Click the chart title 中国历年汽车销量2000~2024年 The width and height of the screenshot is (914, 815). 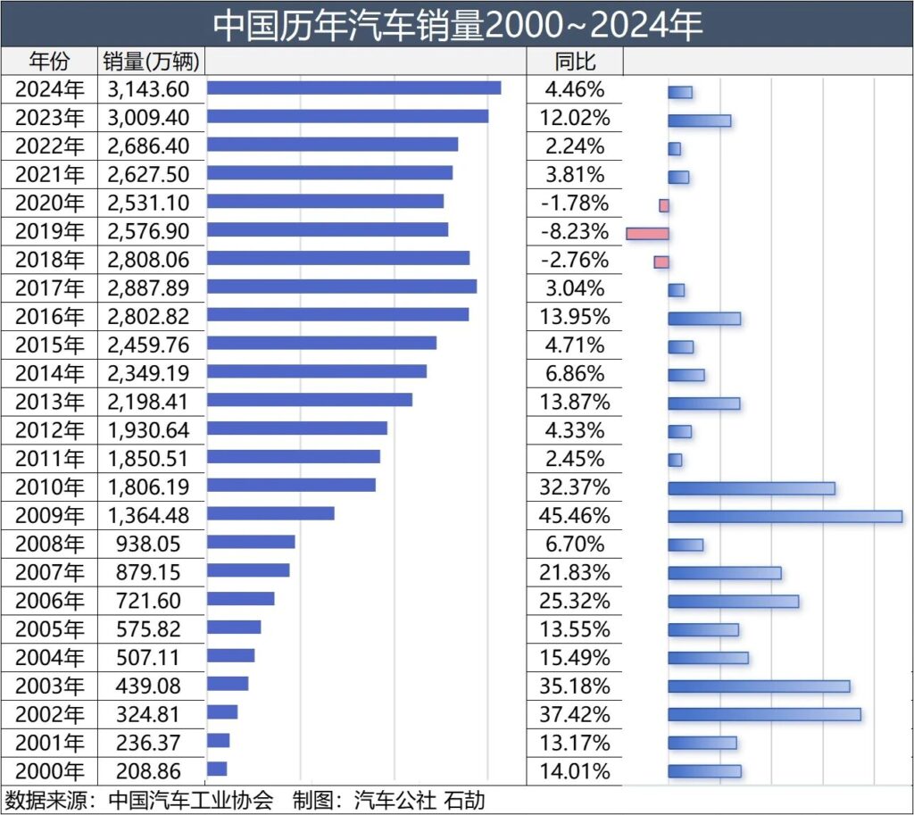coord(457,24)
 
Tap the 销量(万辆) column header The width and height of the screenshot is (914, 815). coord(153,61)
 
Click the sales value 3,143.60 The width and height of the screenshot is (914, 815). coord(148,88)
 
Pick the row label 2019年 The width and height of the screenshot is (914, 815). coord(50,231)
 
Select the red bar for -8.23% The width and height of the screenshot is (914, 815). coord(647,233)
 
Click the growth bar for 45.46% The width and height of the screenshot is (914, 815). coord(785,516)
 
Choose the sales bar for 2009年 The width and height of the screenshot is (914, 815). coord(270,513)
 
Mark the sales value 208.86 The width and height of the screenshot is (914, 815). coord(148,771)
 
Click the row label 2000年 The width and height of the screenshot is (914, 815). coord(50,771)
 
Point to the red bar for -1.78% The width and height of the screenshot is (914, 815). coord(664,205)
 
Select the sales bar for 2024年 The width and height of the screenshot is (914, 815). coord(353,87)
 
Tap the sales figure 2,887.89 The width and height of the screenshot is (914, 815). coord(148,287)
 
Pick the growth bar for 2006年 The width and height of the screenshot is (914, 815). coord(733,602)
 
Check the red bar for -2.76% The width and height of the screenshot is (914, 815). coord(661,262)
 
